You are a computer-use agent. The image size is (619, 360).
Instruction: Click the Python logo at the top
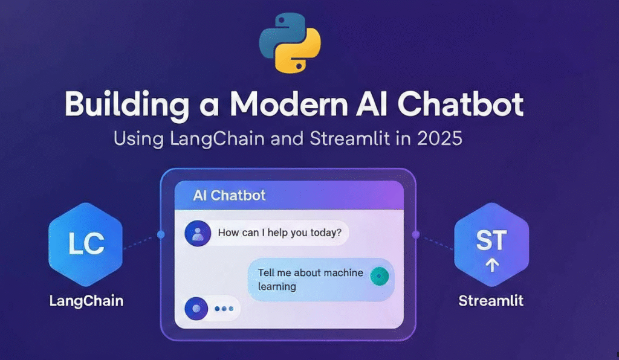click(290, 43)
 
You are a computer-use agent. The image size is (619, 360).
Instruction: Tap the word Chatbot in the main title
click(460, 104)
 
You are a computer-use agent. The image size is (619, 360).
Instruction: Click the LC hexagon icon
click(86, 245)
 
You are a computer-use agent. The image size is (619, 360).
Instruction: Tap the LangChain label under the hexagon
click(86, 301)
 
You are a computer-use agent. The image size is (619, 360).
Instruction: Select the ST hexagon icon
click(491, 245)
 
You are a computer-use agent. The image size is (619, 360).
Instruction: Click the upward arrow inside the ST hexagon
click(492, 265)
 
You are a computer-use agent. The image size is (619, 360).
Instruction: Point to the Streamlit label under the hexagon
click(491, 301)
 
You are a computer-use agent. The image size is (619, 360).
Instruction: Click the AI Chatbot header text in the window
click(229, 195)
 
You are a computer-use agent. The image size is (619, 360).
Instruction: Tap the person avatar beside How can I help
click(198, 233)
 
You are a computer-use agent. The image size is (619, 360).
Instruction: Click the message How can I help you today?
click(279, 233)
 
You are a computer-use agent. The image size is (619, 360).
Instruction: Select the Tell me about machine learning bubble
click(321, 280)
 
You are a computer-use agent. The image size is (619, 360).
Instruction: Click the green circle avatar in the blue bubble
click(380, 276)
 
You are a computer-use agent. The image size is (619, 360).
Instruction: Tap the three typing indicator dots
click(224, 309)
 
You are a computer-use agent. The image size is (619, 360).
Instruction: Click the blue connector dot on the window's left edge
click(161, 234)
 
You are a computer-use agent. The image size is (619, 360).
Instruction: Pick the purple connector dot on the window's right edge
click(415, 235)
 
